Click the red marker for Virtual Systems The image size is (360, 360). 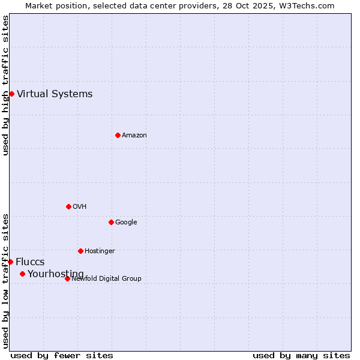tap(11, 94)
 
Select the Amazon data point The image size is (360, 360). tap(118, 135)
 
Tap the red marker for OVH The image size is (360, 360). tap(68, 206)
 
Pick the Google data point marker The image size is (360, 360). tap(111, 222)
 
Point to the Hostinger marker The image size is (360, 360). tap(80, 251)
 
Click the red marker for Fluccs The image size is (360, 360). tap(10, 262)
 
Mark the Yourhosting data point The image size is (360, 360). tap(22, 274)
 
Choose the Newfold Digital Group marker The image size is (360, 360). tap(67, 278)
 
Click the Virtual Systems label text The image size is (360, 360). tap(55, 94)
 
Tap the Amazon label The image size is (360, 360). tap(134, 135)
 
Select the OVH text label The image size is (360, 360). tap(80, 206)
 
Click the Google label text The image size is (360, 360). tap(126, 222)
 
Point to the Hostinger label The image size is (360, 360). tap(100, 251)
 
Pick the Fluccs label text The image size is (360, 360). tap(30, 262)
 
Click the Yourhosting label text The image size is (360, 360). tap(56, 274)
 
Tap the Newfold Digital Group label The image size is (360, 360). tap(106, 278)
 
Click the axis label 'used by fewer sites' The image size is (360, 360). tap(62, 355)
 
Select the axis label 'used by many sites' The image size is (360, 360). tap(301, 355)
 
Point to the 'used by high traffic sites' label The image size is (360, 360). tap(5, 85)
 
